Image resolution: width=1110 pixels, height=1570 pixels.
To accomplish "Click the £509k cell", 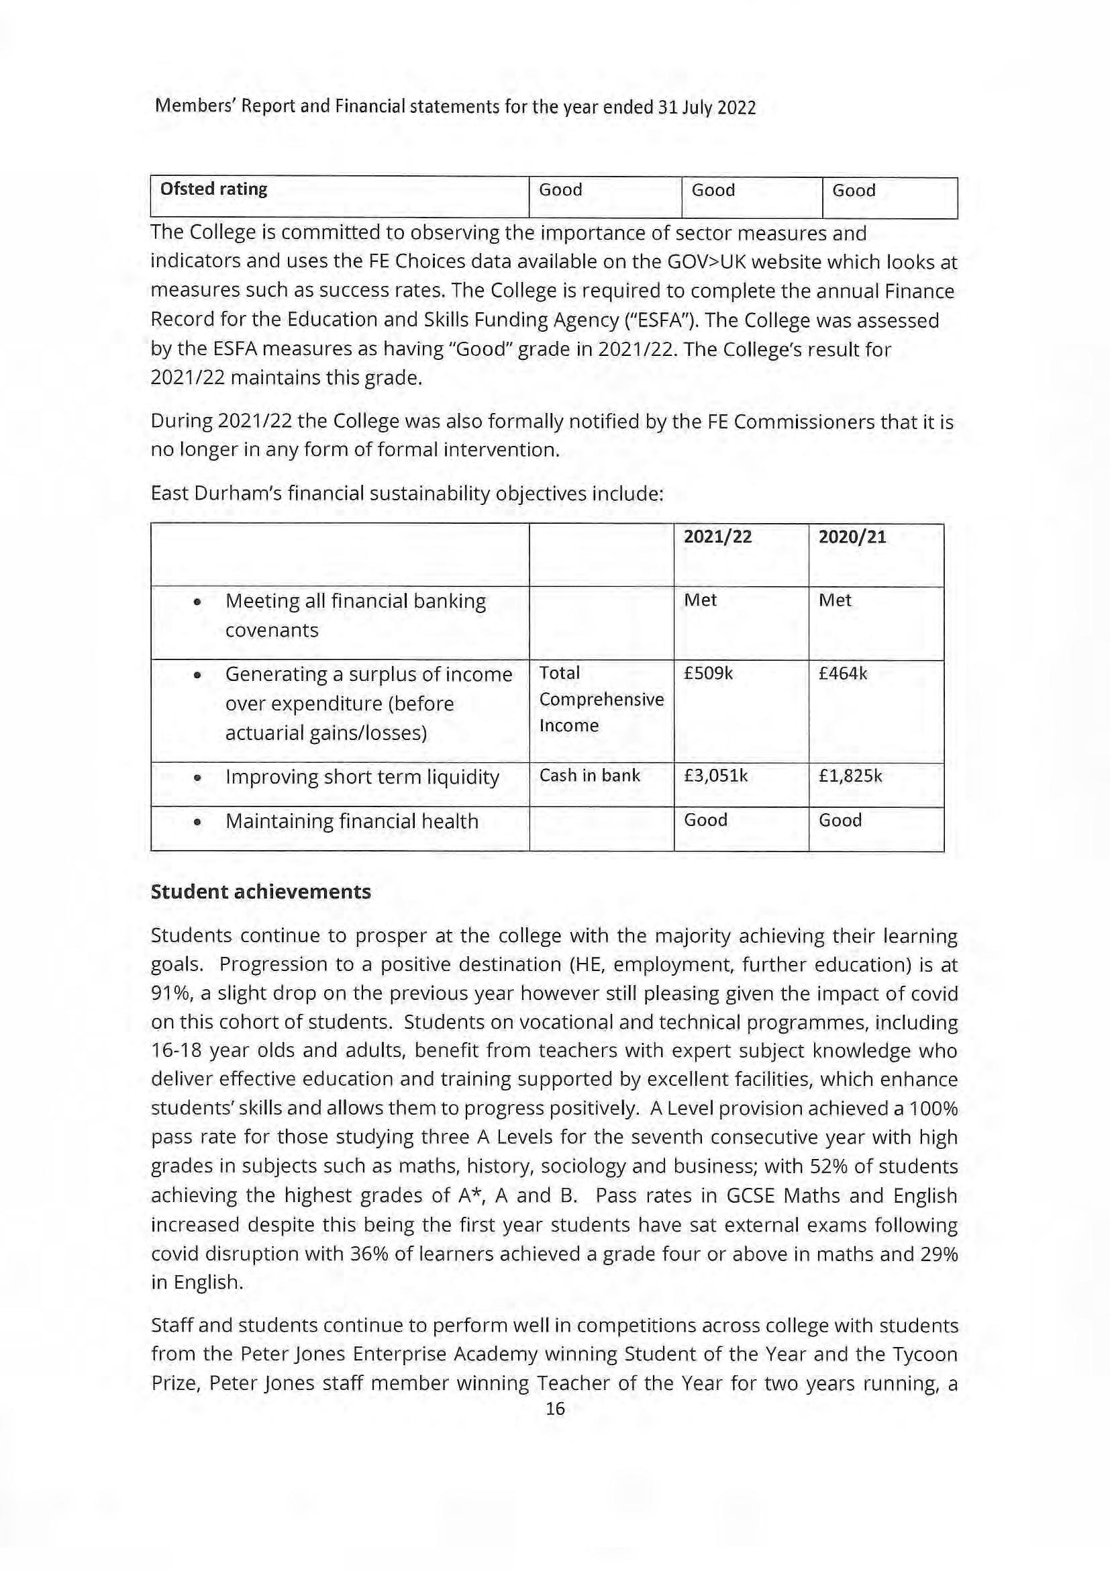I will [x=708, y=674].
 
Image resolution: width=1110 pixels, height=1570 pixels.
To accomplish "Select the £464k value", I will [x=843, y=674].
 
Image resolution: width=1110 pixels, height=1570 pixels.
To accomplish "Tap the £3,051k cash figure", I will [x=715, y=776].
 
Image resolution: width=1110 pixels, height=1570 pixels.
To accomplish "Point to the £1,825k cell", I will [x=850, y=776].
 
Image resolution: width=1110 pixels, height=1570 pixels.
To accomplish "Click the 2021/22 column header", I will [x=717, y=537].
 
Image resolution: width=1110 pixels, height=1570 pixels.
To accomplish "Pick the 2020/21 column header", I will [x=852, y=537].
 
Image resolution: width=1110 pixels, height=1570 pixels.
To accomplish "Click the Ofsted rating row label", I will [x=213, y=189].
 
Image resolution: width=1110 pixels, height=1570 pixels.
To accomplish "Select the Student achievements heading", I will [x=260, y=892].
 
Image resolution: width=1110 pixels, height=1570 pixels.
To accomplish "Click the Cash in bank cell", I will [x=589, y=776].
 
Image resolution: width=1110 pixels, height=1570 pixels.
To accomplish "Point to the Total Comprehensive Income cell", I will [x=601, y=699].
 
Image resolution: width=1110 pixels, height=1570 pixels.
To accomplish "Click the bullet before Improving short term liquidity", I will [x=197, y=778].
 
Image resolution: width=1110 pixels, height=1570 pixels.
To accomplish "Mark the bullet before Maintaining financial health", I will [x=197, y=823].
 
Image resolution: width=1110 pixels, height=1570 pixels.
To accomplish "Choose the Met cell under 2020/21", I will [x=835, y=600].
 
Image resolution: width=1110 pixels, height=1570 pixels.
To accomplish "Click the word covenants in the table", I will [x=271, y=630].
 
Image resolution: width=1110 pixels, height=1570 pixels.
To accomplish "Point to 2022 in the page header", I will [x=736, y=107].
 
